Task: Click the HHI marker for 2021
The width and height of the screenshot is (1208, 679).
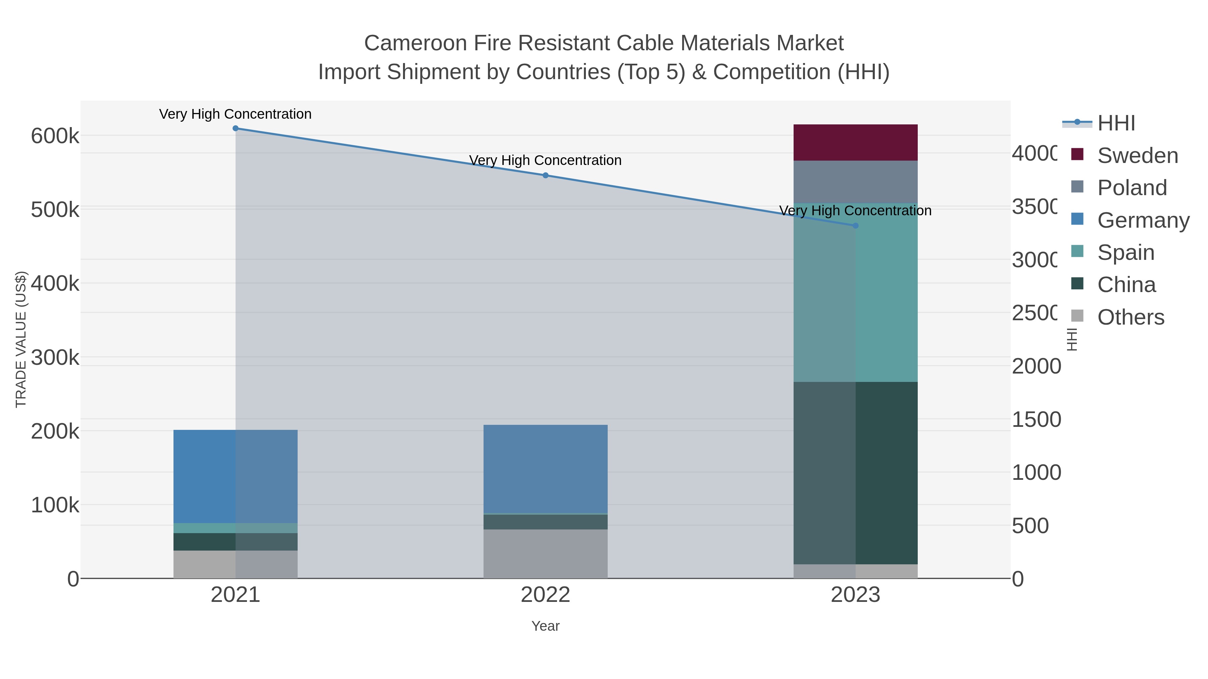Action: coord(236,128)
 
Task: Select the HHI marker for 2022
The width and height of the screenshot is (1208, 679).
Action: coord(545,176)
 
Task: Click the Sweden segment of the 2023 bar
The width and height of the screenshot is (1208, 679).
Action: coord(855,143)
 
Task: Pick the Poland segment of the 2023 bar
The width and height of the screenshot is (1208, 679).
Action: coord(855,182)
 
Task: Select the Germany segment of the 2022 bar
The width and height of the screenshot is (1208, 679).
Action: coord(545,469)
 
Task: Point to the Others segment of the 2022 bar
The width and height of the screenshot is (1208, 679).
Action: coord(545,554)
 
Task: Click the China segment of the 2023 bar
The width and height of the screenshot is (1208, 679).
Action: coord(855,473)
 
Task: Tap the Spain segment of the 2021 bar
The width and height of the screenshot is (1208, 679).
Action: coord(236,528)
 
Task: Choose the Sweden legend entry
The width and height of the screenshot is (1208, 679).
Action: coord(1137,156)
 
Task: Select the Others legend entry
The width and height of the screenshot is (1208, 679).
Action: coord(1130,317)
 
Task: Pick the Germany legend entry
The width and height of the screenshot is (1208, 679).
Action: coord(1143,220)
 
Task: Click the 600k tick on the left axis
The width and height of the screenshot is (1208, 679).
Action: coord(55,136)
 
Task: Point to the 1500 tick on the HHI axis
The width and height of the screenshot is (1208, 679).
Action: coord(1036,419)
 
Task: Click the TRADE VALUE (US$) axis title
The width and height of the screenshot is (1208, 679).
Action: coord(21,339)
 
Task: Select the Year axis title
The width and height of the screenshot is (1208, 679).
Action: coord(545,626)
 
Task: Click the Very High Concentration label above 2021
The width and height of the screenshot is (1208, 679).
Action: coord(236,114)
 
